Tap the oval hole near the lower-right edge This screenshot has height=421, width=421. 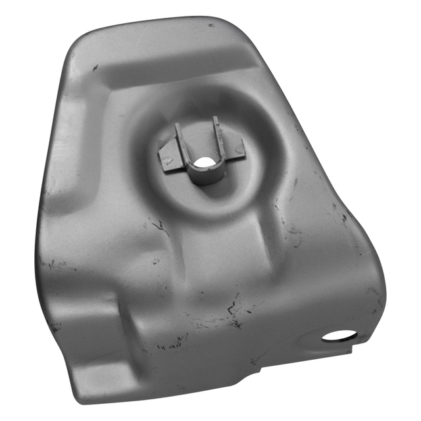tap(339, 335)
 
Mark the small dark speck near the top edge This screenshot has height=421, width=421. tap(210, 25)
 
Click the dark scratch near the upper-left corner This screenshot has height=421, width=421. tap(95, 66)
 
